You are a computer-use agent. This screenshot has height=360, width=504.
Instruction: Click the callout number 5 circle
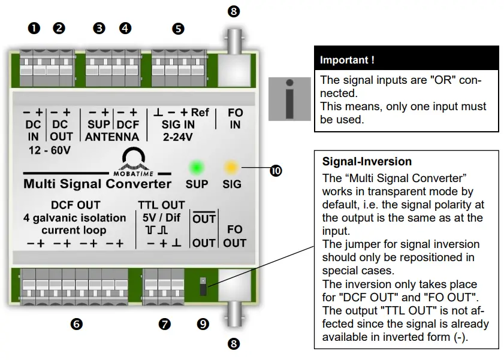(x=178, y=28)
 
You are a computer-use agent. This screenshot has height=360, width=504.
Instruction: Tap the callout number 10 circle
(x=276, y=171)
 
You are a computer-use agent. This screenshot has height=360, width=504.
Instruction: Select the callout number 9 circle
(x=203, y=324)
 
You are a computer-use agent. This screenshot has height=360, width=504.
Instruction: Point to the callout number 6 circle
(x=76, y=324)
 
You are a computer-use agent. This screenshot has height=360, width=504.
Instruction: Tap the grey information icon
(x=289, y=99)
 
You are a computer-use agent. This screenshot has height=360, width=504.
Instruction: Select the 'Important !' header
(x=348, y=60)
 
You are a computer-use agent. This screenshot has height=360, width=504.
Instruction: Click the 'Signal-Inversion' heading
(x=367, y=162)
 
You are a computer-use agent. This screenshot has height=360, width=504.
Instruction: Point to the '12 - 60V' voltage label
(x=49, y=150)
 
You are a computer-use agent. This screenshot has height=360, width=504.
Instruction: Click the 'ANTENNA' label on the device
(x=113, y=137)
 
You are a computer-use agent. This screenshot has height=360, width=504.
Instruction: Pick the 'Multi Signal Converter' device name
(x=97, y=183)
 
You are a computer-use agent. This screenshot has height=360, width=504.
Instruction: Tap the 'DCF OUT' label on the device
(x=76, y=205)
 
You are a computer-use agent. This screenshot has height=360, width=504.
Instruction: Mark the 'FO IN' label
(x=234, y=118)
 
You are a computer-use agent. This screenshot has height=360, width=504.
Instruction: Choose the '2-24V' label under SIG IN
(x=178, y=137)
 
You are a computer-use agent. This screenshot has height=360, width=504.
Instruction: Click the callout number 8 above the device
(x=234, y=11)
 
